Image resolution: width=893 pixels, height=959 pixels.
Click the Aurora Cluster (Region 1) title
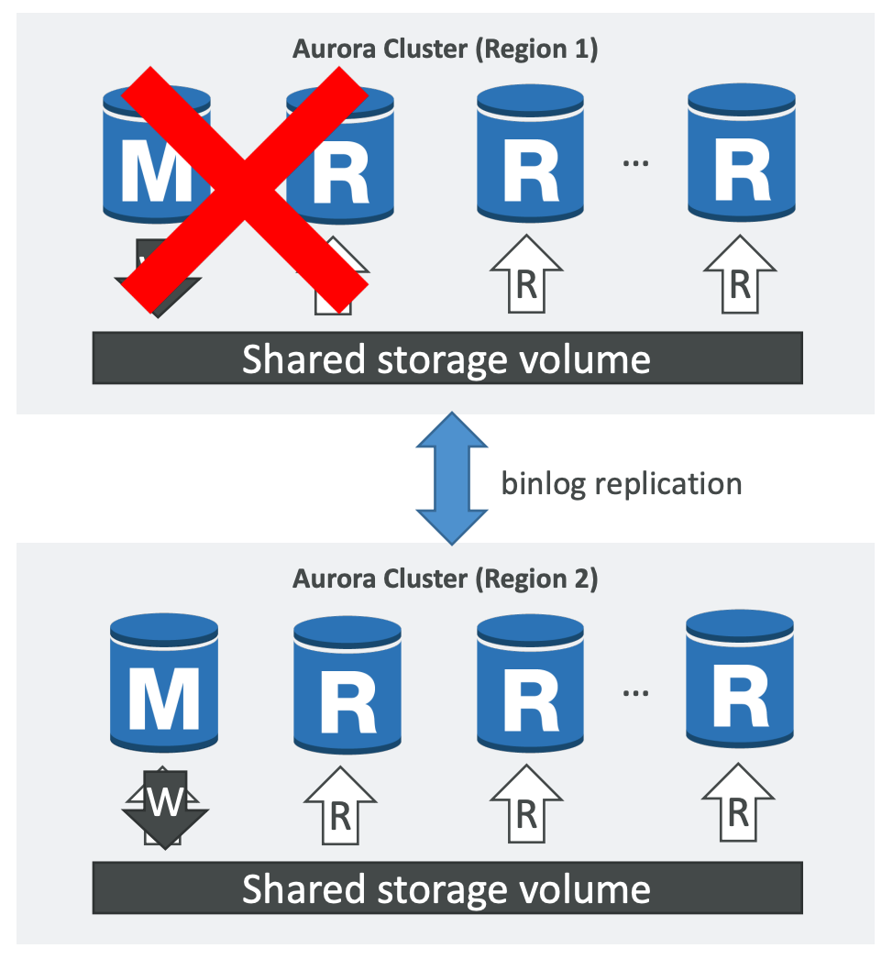(x=446, y=49)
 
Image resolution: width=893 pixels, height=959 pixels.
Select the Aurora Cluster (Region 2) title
(x=446, y=579)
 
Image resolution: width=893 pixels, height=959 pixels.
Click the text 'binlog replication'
(x=621, y=482)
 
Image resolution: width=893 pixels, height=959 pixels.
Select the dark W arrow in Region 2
(x=164, y=804)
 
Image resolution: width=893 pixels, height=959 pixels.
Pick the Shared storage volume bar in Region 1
(x=447, y=358)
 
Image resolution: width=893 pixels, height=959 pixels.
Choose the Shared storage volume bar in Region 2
(x=447, y=888)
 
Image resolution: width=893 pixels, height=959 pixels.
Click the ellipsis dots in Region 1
(x=635, y=162)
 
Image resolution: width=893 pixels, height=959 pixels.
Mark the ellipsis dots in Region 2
(x=635, y=693)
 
